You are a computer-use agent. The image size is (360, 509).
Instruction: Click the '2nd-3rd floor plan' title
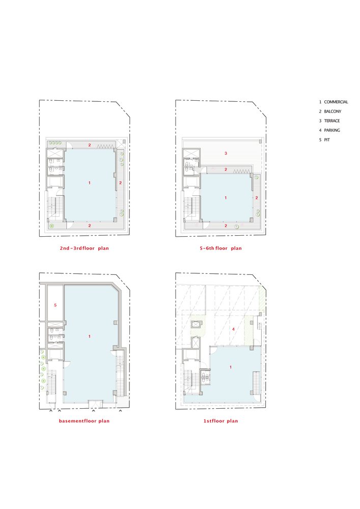pyautogui.click(x=84, y=248)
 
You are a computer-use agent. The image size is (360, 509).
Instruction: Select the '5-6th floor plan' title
pyautogui.click(x=220, y=248)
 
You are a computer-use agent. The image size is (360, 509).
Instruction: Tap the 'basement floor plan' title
pyautogui.click(x=84, y=421)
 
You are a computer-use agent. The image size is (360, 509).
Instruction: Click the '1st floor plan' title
pyautogui.click(x=220, y=421)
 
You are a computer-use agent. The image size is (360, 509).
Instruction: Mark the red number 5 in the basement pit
pyautogui.click(x=56, y=305)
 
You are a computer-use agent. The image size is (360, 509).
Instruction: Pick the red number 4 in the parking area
pyautogui.click(x=233, y=329)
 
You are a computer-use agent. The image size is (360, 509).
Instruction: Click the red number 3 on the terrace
pyautogui.click(x=226, y=153)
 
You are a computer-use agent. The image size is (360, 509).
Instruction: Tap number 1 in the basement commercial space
pyautogui.click(x=90, y=336)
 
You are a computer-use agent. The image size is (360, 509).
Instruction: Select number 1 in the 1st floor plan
pyautogui.click(x=231, y=367)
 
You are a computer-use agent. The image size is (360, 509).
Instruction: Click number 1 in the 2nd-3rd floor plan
pyautogui.click(x=90, y=183)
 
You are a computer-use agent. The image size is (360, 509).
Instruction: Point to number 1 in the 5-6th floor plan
pyautogui.click(x=226, y=197)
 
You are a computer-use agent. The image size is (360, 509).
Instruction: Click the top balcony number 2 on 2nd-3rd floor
pyautogui.click(x=90, y=145)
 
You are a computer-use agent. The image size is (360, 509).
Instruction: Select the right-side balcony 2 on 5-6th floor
pyautogui.click(x=257, y=197)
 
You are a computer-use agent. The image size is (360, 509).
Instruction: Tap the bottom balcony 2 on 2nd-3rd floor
pyautogui.click(x=90, y=225)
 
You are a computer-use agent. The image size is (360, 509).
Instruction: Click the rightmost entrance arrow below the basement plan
pyautogui.click(x=121, y=411)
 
